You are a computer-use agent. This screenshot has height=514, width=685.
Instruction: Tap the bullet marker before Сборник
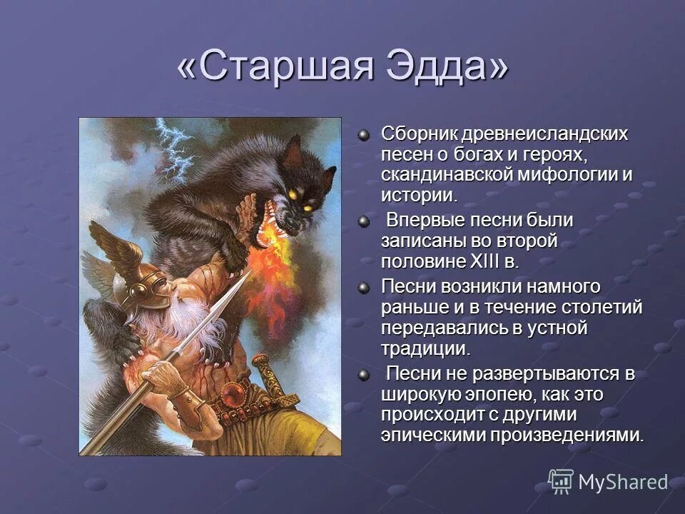[365, 133]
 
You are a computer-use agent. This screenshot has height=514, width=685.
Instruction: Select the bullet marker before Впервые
[365, 221]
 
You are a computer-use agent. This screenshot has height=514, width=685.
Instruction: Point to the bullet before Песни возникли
[365, 287]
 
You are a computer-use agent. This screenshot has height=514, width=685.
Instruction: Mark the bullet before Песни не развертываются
[365, 374]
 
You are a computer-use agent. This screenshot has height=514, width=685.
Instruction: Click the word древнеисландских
[544, 133]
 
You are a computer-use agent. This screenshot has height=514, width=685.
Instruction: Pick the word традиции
[425, 349]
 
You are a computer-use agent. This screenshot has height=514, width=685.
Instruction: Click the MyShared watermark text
[622, 482]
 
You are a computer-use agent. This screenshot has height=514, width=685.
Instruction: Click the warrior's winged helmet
[143, 286]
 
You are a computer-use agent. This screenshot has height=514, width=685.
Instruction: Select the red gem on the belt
[232, 394]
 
